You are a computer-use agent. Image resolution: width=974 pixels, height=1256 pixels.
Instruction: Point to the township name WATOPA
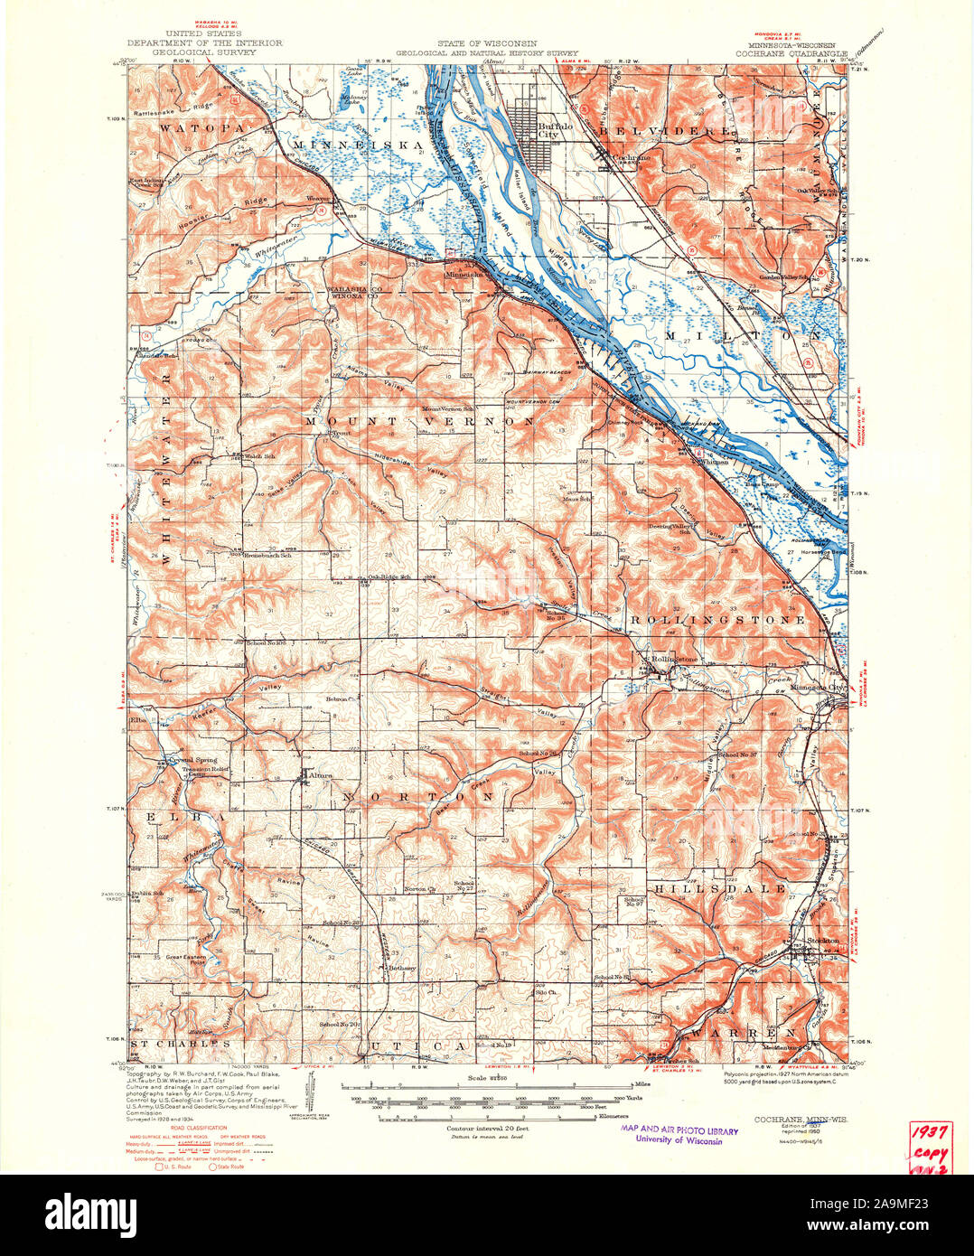(190, 129)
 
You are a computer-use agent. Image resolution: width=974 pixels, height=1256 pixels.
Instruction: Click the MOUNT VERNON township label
(418, 422)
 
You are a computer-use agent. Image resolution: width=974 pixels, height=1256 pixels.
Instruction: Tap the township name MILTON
(743, 335)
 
